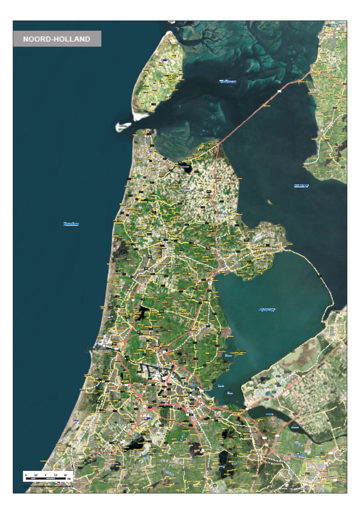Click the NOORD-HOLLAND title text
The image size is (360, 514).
coord(57,39)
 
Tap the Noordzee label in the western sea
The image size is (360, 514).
coord(71,224)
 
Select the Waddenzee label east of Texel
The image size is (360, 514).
coord(228,81)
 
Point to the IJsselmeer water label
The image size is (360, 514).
coord(301,186)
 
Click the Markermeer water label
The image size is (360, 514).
coord(267,310)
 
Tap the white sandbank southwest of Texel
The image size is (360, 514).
coord(122,126)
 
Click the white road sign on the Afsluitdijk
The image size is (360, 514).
coord(279,91)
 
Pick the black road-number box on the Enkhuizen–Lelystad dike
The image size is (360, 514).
coord(319,276)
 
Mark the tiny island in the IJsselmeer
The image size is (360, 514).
coord(269,202)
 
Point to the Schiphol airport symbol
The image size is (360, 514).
coord(148,418)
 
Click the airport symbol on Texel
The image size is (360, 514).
coord(164,60)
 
